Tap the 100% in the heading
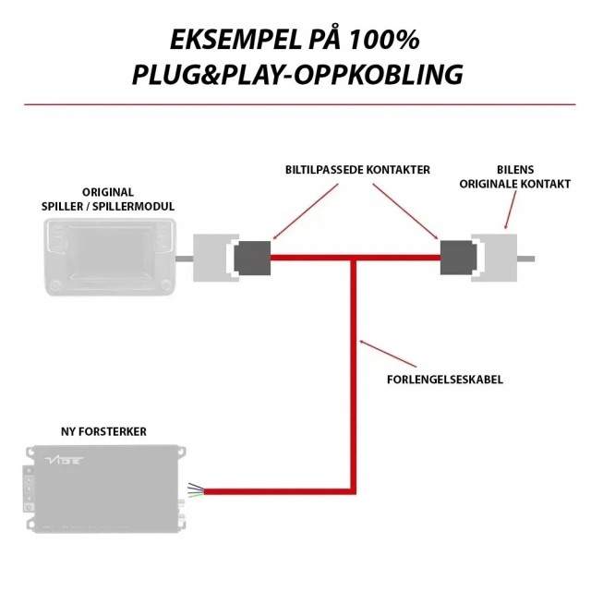[384, 40]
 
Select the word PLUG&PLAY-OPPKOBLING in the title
[297, 74]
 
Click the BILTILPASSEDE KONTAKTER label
[357, 170]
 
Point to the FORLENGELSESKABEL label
[445, 380]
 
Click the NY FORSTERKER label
[103, 431]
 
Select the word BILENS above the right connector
[515, 170]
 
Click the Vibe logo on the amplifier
[64, 460]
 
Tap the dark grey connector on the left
[252, 259]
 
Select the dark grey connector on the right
[458, 258]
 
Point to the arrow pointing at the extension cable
[388, 354]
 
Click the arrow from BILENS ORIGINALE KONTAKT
[511, 210]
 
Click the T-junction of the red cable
[353, 259]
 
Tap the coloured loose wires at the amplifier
[196, 490]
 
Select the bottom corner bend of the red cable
[353, 491]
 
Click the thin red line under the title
[300, 104]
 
